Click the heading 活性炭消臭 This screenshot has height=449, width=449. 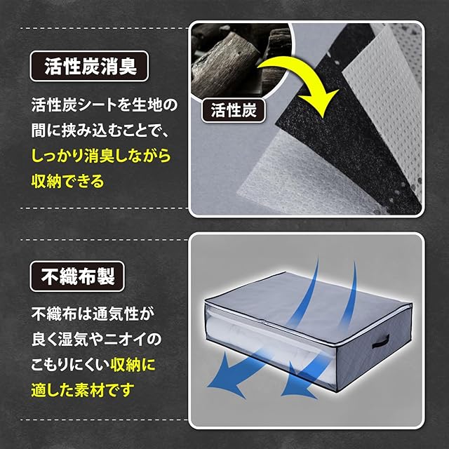click(89, 66)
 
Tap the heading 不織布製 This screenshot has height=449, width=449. click(77, 276)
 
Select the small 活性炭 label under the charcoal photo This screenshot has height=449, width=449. click(234, 111)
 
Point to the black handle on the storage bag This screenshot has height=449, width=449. click(380, 342)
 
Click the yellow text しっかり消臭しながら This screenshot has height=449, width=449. click(101, 156)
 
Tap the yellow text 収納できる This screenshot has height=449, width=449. click(67, 181)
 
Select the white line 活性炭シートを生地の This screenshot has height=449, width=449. click(105, 105)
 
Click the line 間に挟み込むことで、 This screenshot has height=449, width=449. click(101, 130)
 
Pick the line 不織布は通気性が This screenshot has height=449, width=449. click(93, 314)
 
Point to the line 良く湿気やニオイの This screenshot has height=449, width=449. click(97, 340)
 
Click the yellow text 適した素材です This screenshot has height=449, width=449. click(83, 390)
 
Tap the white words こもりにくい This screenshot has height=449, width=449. click(70, 365)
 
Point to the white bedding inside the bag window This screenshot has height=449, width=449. click(269, 344)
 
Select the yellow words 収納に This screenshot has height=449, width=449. click(133, 365)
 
